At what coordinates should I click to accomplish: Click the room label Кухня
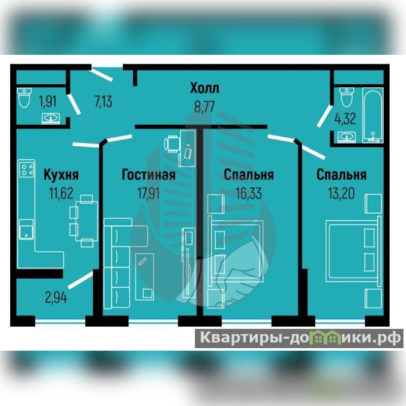tap(61, 174)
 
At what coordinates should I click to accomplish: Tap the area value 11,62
tap(61, 193)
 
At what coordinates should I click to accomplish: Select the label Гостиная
tap(149, 174)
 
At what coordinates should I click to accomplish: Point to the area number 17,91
tap(148, 193)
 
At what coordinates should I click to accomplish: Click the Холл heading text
tap(205, 88)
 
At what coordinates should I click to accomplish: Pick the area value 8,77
tap(205, 107)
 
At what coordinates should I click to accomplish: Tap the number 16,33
tap(249, 193)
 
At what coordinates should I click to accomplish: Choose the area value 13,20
tap(341, 193)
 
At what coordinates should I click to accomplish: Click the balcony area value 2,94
tap(56, 297)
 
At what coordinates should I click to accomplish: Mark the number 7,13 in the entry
tap(104, 101)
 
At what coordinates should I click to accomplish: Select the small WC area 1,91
tap(48, 101)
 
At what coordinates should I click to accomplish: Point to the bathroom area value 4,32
tap(345, 119)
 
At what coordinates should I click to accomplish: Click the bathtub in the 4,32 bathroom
tap(373, 115)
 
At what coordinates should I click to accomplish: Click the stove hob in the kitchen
tap(27, 169)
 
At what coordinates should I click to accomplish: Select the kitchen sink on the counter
tap(26, 229)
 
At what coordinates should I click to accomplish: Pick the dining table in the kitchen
tap(87, 221)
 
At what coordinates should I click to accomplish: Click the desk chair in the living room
tap(172, 144)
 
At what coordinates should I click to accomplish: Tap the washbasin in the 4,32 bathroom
tap(347, 137)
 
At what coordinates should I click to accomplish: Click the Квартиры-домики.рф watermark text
tap(299, 337)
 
